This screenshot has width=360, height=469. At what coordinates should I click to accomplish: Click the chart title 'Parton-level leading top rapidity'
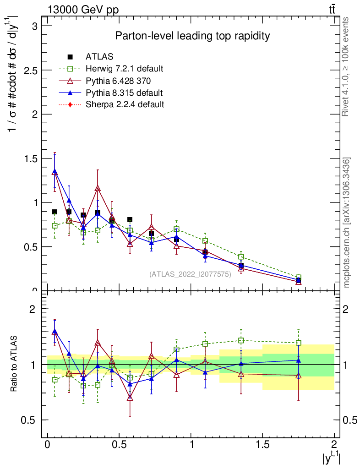pos(192,36)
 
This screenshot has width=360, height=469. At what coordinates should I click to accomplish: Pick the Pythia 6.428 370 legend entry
pos(118,81)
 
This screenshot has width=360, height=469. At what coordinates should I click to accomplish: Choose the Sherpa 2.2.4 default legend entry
pos(125,104)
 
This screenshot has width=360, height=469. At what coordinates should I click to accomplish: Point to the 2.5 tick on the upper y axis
pos(32,70)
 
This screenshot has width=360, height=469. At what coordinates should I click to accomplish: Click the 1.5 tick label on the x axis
pos(262,445)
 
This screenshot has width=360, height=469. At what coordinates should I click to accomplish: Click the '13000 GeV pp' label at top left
pos(83,10)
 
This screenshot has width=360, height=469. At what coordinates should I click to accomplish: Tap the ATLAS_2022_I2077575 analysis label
pos(190,274)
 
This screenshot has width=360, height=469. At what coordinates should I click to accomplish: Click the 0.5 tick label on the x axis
pos(119,445)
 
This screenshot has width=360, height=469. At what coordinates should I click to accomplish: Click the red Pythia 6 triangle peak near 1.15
pos(98,188)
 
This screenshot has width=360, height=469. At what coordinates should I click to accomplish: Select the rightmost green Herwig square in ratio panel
pos(299,343)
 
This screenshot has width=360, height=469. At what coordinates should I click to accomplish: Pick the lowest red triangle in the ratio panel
pos(130,398)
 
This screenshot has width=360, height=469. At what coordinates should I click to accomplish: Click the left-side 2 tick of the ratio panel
pos(33,309)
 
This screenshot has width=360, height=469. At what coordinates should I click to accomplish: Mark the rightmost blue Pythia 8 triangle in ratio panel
pos(299,360)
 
